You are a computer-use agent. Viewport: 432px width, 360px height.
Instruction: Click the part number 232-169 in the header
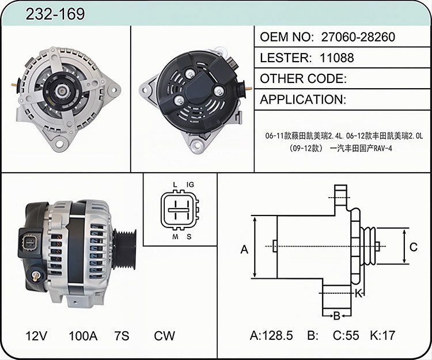click(55, 14)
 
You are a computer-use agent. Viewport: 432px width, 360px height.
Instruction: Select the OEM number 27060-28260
click(358, 37)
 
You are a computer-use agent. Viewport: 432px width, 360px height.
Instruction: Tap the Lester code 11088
click(337, 58)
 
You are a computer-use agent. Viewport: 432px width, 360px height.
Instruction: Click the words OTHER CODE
click(303, 79)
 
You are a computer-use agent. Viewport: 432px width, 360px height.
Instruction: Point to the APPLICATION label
click(302, 100)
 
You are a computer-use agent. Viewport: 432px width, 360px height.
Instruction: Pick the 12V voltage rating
click(36, 336)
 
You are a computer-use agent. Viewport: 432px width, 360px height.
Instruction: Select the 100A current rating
click(83, 336)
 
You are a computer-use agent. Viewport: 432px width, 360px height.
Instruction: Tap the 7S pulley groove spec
click(122, 336)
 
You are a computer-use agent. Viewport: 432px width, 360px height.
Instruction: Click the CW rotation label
click(164, 336)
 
